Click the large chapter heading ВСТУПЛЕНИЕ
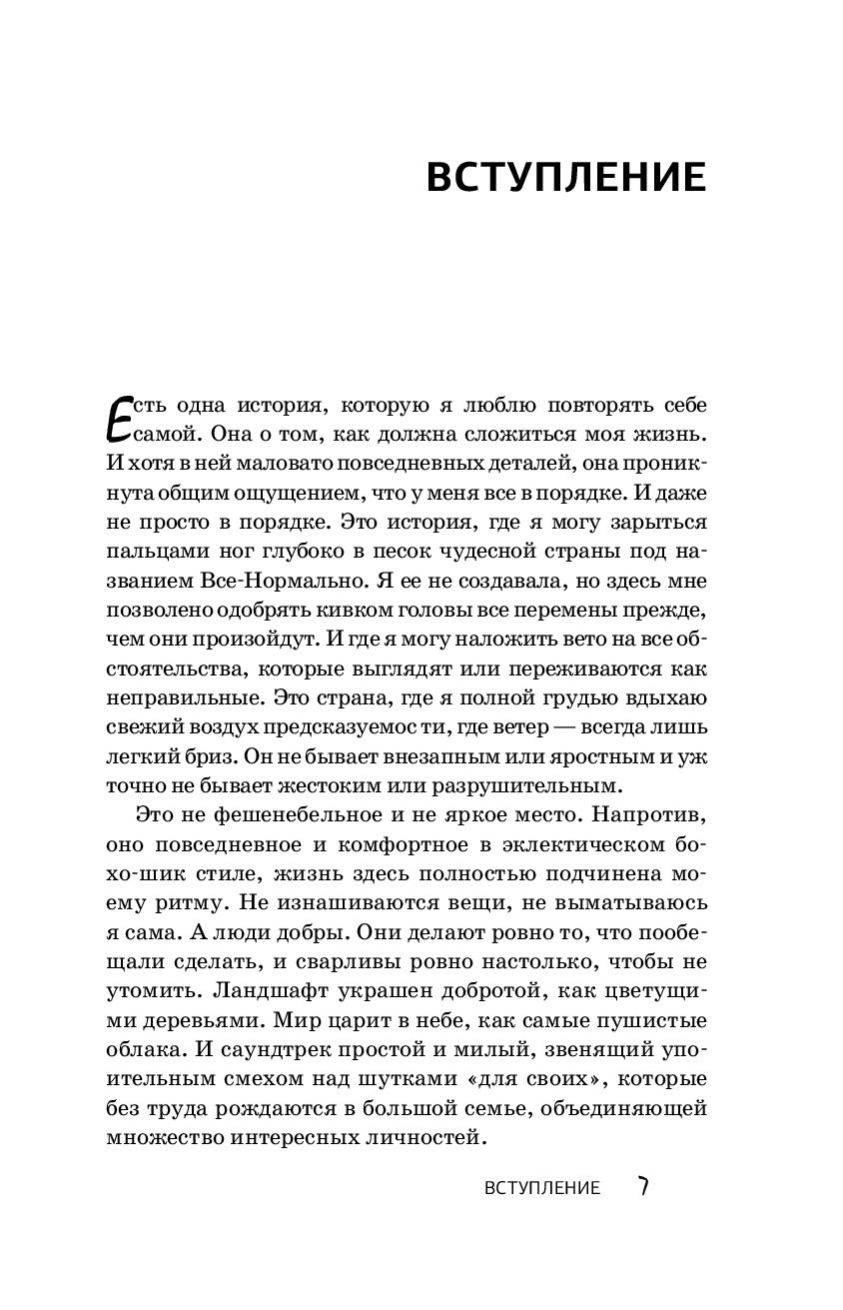[566, 178]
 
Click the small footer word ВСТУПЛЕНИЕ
[541, 1188]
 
